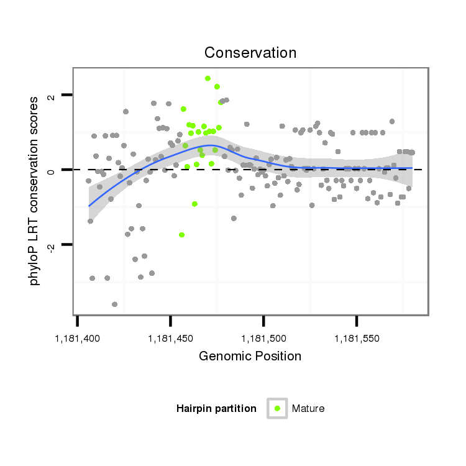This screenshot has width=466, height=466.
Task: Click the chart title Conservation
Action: pos(250,53)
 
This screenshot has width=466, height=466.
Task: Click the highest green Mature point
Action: pos(208,78)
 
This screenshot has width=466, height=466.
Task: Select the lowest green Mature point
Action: pos(181,235)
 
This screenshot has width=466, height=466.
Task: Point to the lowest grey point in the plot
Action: pos(114,304)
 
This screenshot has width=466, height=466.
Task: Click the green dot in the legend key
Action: pos(278,408)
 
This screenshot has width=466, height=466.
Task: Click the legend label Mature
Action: pos(308,408)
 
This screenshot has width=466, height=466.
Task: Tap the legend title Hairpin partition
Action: pos(216,408)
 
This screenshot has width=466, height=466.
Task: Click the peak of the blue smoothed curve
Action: pos(209,145)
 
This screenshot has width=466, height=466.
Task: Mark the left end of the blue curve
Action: pos(89,206)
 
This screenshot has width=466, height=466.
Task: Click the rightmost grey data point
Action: pos(412,152)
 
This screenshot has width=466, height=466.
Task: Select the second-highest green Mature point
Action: pos(217,86)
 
